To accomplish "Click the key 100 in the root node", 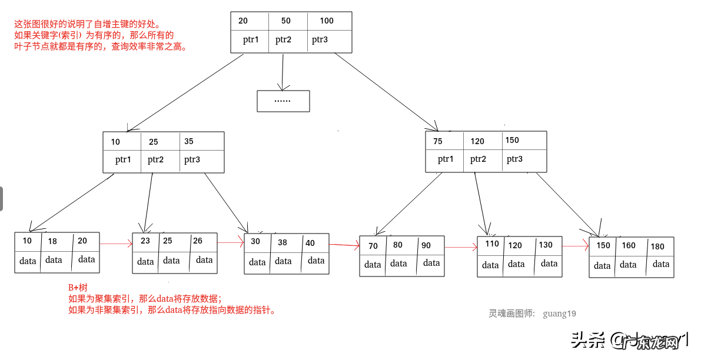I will pos(327,21).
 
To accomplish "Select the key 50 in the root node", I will pos(286,21).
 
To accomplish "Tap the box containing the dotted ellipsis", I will pos(283,101).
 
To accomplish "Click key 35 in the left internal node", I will pos(189,141).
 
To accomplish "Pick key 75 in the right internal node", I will pos(438,141).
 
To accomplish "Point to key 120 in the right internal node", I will pos(477,141).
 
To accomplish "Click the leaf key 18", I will pos(53,241).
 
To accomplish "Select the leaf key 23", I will pos(145,241).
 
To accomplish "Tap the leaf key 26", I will pos(198,241).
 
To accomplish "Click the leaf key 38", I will pos(283,242).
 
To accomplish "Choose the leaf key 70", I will pos(373,246).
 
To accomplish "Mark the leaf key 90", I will pos(426,245).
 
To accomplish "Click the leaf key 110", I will pos(492,244).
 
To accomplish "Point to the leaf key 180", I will pos(657,246).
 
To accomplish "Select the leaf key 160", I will pos(629,246).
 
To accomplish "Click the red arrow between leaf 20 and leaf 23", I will pos(116,243).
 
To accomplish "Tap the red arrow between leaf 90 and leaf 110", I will pos(461,248).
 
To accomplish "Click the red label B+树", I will pos(78,288).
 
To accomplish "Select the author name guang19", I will pos(559,314).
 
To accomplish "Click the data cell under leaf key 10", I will pos(28,261).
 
